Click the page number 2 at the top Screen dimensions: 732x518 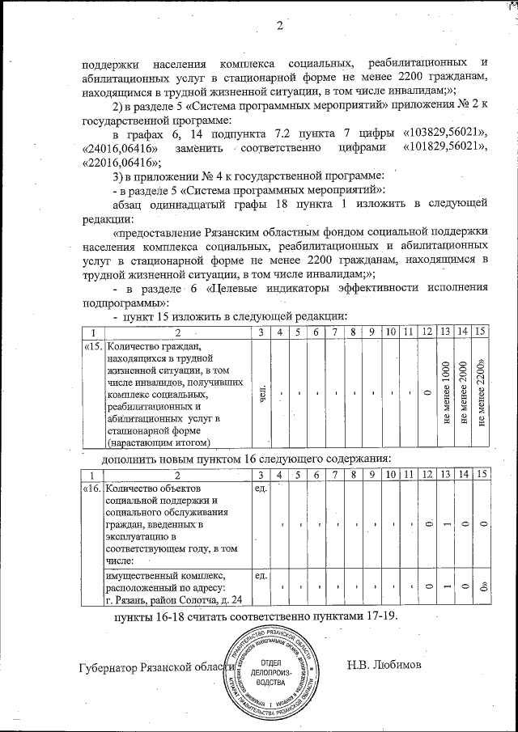tap(278, 24)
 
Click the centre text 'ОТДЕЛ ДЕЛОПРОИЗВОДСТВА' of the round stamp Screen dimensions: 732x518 tap(275, 672)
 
